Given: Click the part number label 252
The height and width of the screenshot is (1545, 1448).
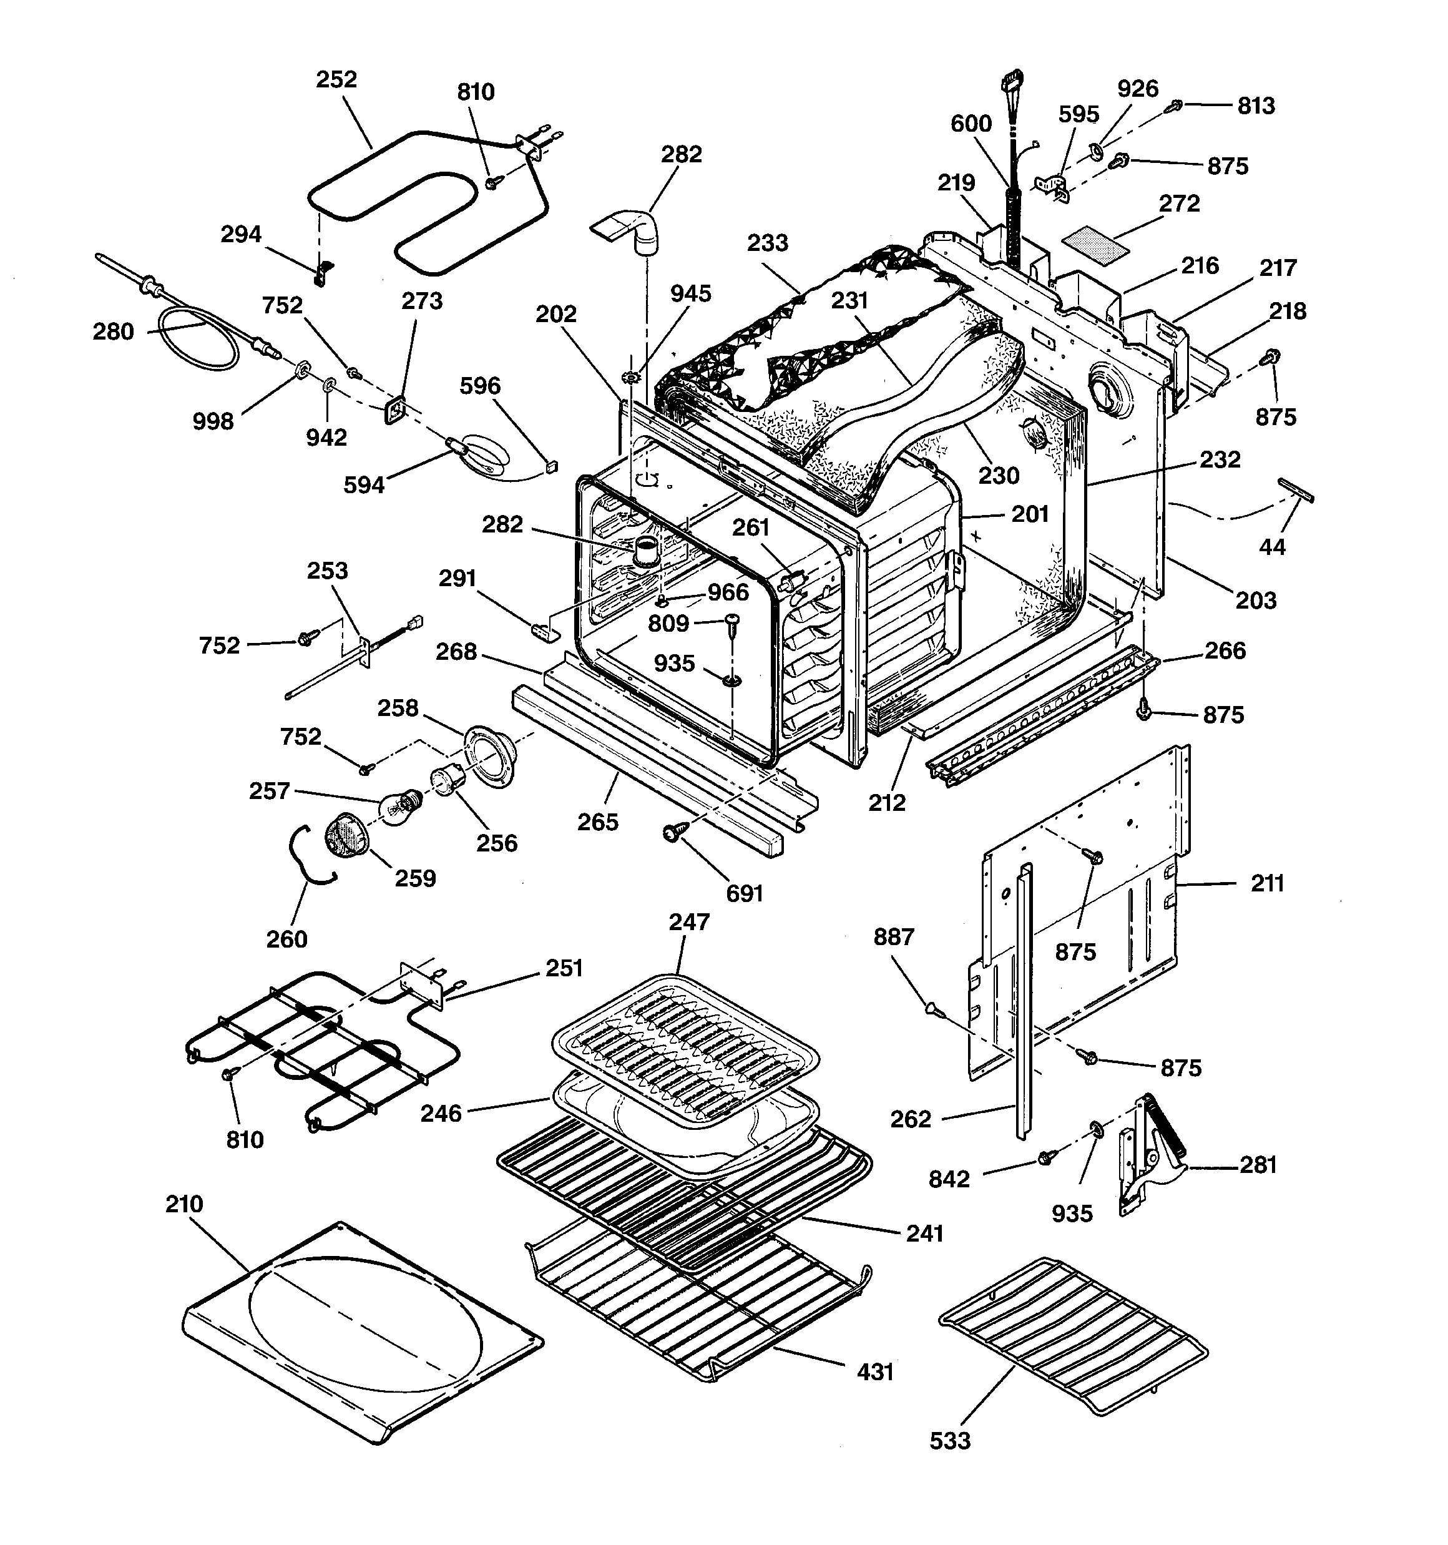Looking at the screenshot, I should point(336,79).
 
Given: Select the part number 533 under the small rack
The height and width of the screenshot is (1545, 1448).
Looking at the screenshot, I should point(950,1440).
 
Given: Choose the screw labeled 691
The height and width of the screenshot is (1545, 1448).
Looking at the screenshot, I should point(670,834).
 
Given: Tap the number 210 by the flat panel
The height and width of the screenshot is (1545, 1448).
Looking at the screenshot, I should point(184,1204).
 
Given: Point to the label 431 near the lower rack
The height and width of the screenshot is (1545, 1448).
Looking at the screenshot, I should point(875,1371).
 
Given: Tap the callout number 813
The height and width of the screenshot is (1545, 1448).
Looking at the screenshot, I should point(1256,105).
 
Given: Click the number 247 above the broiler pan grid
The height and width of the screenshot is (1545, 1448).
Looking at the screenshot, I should point(688,922).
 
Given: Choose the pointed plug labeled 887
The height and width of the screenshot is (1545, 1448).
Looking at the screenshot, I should point(934,1009).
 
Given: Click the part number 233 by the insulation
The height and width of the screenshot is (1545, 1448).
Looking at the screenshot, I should point(767,243).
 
